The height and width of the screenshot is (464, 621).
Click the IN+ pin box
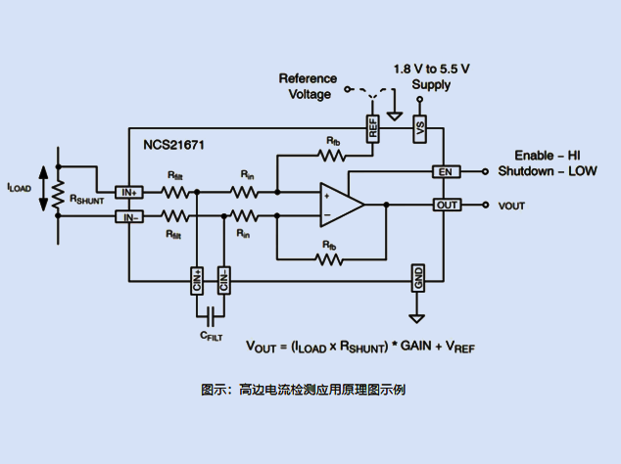pos(129,192)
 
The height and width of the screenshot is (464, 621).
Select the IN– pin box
pos(129,216)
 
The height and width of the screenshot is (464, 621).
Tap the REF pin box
pos(372,127)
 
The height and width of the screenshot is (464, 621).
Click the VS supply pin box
pos(420,127)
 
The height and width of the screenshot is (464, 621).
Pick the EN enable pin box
pos(447,171)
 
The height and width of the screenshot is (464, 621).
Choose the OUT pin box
pos(447,205)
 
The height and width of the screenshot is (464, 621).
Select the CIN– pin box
pos(223,280)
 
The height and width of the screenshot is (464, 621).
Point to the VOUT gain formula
pos(359,347)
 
